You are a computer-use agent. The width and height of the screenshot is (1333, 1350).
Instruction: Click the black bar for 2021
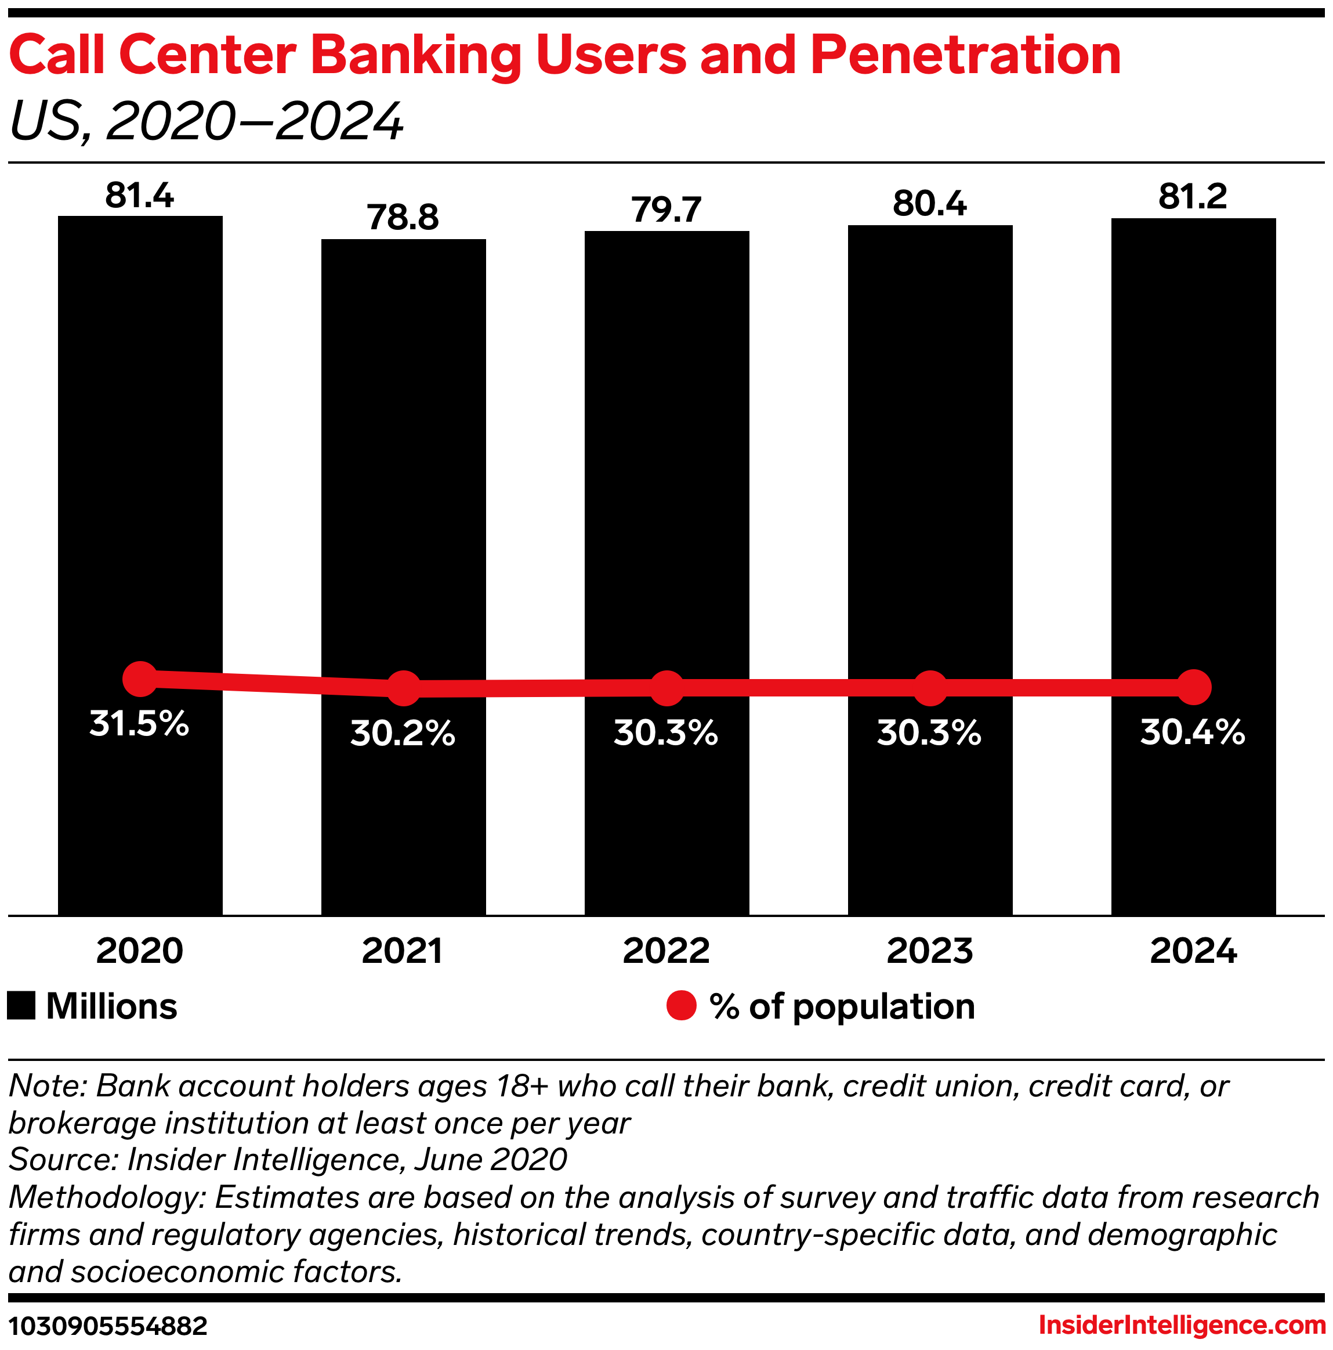click(x=403, y=489)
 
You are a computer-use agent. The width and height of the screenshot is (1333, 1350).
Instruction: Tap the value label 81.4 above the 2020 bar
click(x=140, y=196)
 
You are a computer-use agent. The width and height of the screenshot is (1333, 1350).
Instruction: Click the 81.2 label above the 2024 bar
click(x=1193, y=197)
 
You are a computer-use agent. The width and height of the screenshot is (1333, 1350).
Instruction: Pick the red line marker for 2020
click(x=140, y=678)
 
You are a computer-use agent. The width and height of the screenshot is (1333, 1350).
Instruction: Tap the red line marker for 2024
click(x=1193, y=688)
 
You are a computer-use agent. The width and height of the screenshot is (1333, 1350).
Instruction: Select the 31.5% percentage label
click(x=140, y=724)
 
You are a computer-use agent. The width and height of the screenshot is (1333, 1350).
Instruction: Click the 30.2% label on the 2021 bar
click(x=403, y=734)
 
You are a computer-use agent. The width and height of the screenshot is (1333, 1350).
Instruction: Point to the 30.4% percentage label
click(x=1193, y=733)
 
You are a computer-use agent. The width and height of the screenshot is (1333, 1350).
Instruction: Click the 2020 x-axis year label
click(x=140, y=952)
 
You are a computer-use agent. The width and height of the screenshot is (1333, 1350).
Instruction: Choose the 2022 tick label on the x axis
click(x=666, y=952)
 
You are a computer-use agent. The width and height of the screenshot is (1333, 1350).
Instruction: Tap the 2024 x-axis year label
click(x=1193, y=952)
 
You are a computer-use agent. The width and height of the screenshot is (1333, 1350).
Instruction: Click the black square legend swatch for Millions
click(x=21, y=1006)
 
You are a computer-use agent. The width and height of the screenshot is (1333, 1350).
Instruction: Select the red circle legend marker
click(x=682, y=1006)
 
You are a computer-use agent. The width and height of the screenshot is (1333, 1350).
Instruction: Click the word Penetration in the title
click(x=966, y=56)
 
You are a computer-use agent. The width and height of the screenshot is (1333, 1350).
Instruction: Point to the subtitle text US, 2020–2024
click(x=207, y=121)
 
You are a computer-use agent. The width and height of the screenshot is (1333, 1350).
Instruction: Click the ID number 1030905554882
click(x=108, y=1326)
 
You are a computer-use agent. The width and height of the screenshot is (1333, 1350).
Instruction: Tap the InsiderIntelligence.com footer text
click(x=1182, y=1325)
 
